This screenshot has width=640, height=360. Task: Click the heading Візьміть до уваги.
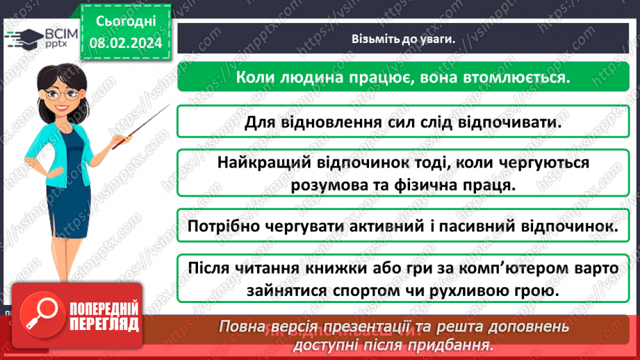[402, 39]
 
